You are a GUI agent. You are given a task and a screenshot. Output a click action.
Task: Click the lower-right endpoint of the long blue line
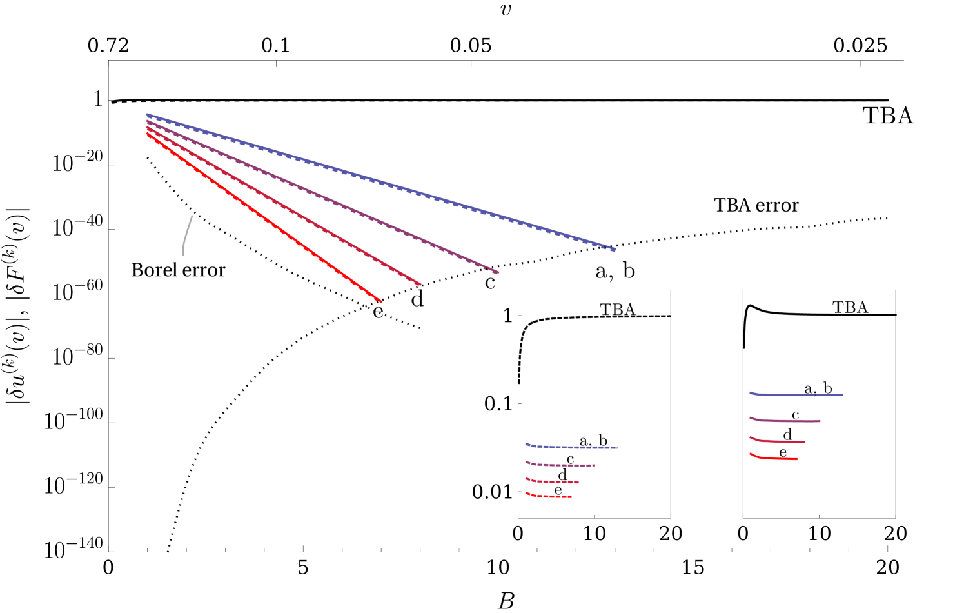[x=615, y=250]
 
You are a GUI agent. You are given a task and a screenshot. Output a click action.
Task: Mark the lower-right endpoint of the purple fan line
[x=498, y=273]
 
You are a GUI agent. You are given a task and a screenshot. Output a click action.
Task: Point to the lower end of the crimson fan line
[x=420, y=285]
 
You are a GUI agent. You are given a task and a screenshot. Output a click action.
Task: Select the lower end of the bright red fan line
[x=381, y=301]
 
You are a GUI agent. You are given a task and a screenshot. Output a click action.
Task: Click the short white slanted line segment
[x=187, y=235]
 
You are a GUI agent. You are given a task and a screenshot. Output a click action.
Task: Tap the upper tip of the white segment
[x=192, y=217]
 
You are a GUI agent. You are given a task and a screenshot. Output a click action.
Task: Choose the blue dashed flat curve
[x=574, y=447]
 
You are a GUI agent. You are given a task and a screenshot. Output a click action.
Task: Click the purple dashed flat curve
[x=561, y=465]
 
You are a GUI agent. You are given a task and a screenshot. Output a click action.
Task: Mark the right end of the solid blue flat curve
[x=843, y=395]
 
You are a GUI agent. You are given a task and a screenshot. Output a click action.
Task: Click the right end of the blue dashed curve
[x=617, y=447]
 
